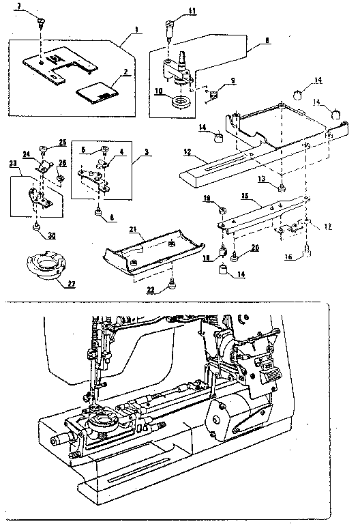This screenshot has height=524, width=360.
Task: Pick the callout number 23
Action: (12, 164)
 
